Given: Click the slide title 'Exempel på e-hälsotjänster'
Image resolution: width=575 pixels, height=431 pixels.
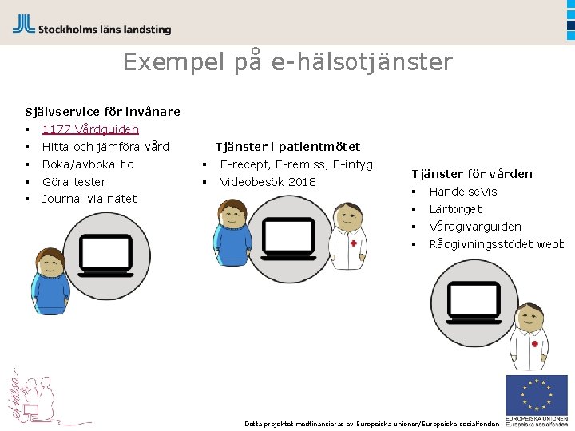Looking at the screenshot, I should (287, 62).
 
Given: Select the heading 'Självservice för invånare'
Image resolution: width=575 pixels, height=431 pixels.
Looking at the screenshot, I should (102, 112).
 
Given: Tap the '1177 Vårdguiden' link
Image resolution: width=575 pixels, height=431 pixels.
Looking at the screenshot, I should (90, 129).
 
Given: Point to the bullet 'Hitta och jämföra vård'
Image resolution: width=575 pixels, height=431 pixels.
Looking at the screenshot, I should (105, 147).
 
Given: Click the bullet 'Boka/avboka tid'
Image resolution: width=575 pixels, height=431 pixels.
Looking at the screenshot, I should (88, 164).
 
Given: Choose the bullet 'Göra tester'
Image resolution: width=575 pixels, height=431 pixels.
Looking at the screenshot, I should (73, 182).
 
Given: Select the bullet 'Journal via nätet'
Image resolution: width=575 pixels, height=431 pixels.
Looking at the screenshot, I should (89, 199).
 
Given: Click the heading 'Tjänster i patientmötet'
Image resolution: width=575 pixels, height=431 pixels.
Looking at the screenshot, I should (287, 147).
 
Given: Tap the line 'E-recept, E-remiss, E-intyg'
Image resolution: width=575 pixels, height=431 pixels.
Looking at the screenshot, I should (296, 164).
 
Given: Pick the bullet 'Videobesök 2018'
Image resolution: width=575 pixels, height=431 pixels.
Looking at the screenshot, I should (268, 182).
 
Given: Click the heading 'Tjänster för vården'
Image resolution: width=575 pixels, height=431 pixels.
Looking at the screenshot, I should (472, 174).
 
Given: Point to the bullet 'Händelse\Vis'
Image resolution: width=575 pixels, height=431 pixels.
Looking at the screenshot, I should (463, 192).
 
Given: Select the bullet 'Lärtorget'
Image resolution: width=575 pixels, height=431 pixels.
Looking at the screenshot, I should (455, 209).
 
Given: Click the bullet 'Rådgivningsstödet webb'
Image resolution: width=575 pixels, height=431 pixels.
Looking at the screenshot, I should (497, 244).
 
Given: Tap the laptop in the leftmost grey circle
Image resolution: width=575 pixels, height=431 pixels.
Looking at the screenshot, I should (105, 255).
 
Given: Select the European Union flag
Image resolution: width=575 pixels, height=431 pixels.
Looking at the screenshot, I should (537, 396).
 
